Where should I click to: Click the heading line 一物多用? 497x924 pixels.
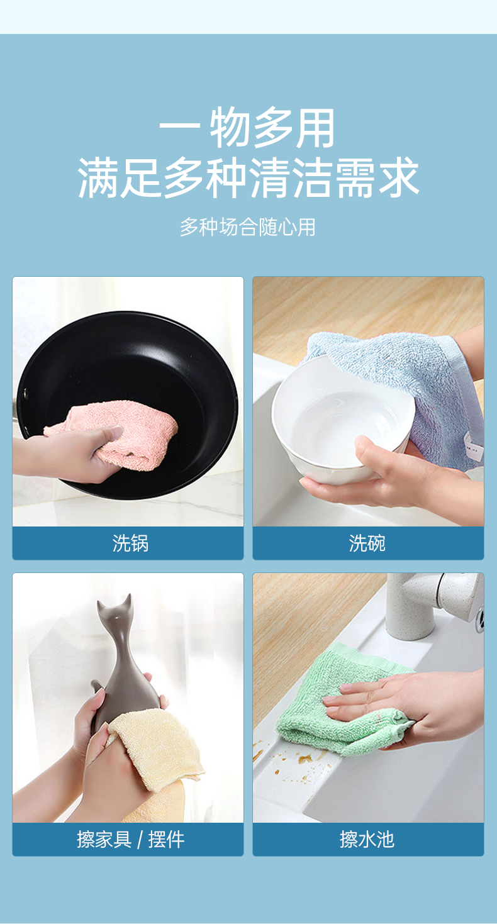pos(247,128)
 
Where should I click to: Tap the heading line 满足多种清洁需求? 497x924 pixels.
pos(248,178)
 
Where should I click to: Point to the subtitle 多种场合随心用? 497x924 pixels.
pos(247,227)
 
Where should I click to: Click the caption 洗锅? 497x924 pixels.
pos(130,543)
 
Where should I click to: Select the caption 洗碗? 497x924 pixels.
pos(367,543)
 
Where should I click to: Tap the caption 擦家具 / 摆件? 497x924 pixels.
pos(130,839)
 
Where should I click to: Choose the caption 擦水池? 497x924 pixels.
pos(367,839)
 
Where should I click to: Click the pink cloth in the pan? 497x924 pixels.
pos(124,433)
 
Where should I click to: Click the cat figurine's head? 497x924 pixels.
pos(118,611)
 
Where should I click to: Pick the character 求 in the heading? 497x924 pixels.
pos(399,178)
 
